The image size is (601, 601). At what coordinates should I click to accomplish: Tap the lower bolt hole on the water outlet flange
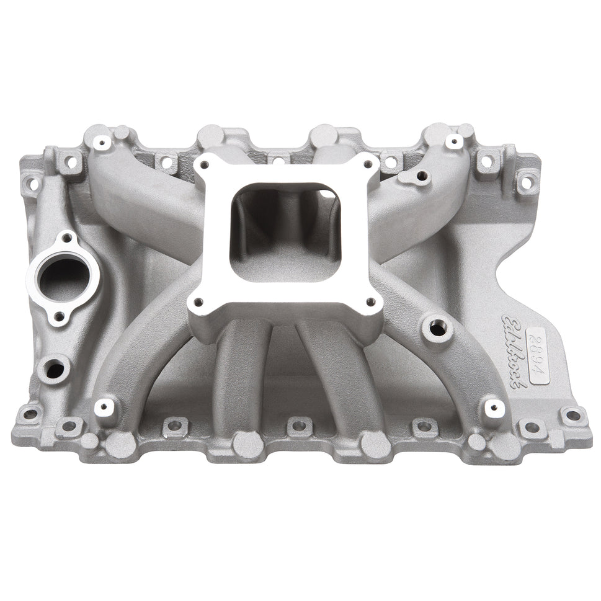[x=59, y=317]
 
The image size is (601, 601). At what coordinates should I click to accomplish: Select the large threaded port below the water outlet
[x=55, y=369]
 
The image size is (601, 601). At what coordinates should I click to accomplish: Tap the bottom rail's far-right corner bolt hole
[x=573, y=415]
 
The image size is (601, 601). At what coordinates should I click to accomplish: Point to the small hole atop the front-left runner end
[x=104, y=407]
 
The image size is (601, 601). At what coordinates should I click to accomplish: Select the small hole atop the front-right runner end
[x=494, y=407]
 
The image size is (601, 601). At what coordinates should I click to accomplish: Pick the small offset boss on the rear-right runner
[x=422, y=176]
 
